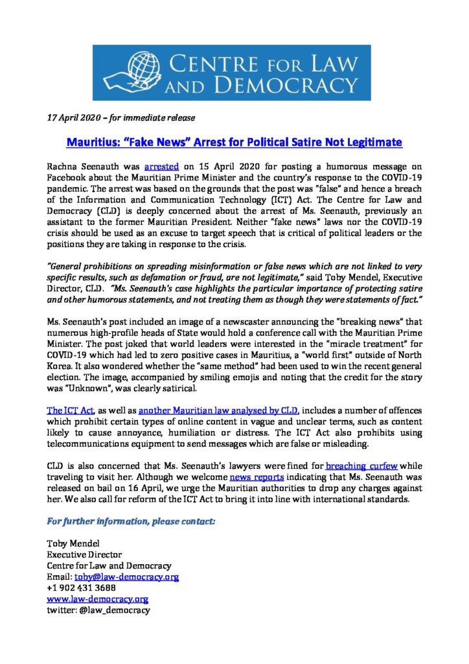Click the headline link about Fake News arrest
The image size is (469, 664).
point(234,141)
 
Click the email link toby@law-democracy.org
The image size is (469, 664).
point(126,576)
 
